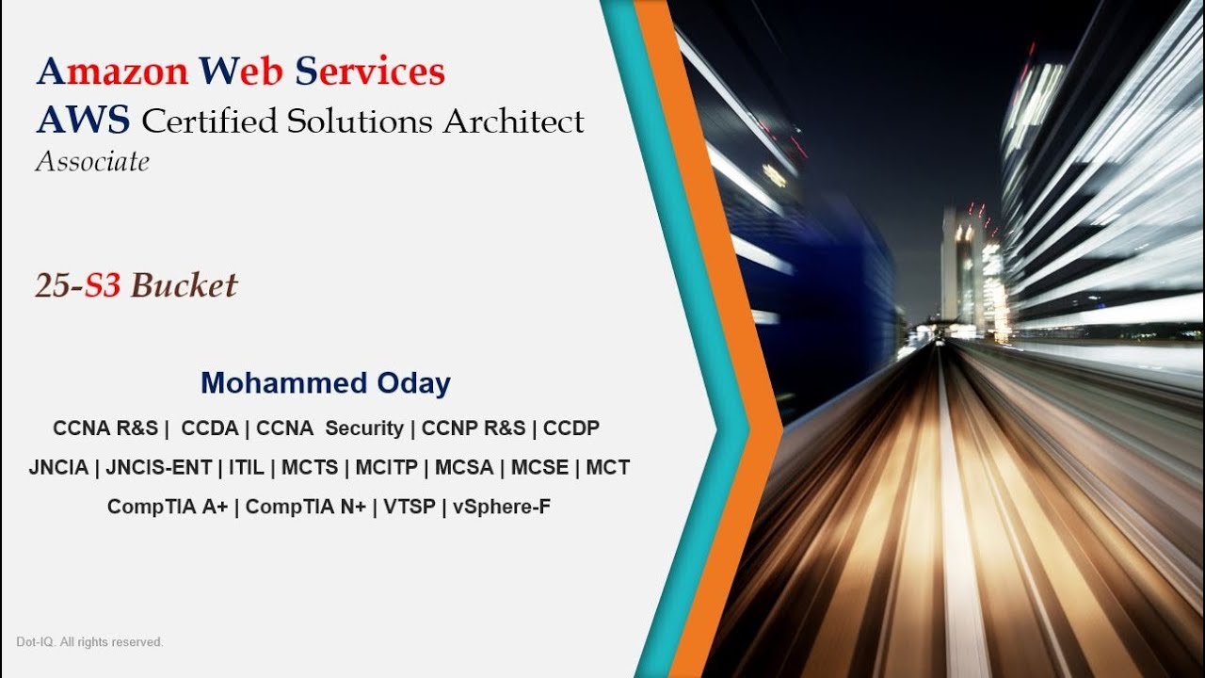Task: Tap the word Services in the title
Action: tap(370, 72)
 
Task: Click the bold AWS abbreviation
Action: tap(84, 121)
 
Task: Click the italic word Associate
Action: tap(92, 162)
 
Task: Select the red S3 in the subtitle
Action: tap(103, 285)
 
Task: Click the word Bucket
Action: tap(184, 285)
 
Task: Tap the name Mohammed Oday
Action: tap(326, 383)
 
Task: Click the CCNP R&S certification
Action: tap(474, 428)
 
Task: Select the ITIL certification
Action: tap(246, 468)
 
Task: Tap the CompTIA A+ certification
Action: tap(168, 508)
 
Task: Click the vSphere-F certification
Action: tap(502, 508)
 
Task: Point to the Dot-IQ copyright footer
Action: tap(89, 642)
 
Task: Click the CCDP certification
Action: tap(571, 428)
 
